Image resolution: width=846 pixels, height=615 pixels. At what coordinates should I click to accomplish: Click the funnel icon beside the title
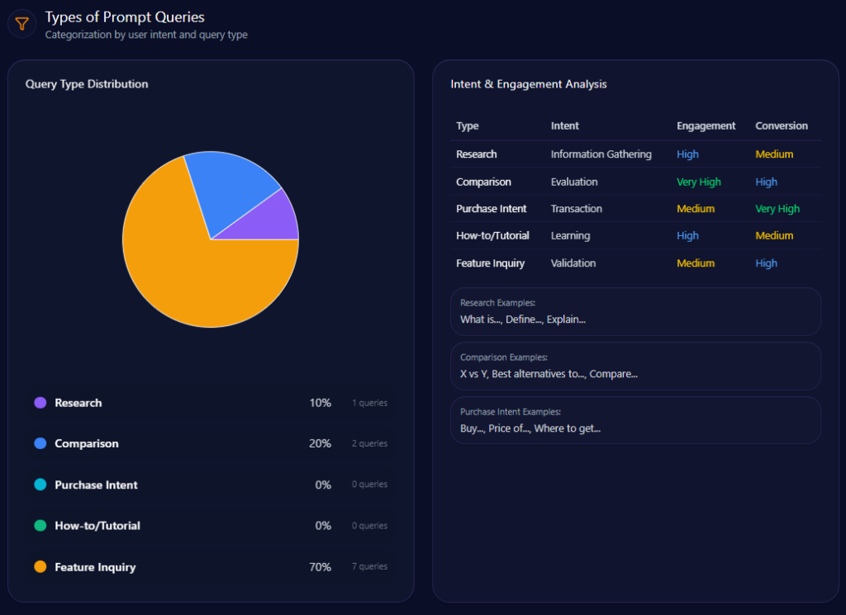22,24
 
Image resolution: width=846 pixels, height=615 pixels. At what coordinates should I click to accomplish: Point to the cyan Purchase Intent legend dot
40,485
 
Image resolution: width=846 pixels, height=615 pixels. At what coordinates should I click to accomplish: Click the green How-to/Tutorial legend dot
40,526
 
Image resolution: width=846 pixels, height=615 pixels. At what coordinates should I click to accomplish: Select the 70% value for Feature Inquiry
320,567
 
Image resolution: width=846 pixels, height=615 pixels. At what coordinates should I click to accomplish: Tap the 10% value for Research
320,403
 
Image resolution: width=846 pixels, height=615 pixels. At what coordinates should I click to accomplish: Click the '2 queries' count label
369,444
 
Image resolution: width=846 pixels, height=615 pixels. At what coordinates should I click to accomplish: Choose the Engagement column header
706,126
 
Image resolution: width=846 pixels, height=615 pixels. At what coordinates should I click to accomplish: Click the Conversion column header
782,126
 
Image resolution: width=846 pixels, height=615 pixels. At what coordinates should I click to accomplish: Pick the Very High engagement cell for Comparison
698,182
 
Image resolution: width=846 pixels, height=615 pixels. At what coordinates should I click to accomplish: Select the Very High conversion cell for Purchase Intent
777,209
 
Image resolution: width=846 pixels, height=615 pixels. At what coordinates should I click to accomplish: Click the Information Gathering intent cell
601,154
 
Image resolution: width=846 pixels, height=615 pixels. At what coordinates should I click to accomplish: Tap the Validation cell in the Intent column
573,263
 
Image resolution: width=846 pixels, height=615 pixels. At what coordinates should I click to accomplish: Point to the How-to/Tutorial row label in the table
492,236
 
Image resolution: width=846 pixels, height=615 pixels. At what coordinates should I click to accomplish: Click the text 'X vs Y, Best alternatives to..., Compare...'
549,374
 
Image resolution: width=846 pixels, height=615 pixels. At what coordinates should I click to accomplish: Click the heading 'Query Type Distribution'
87,84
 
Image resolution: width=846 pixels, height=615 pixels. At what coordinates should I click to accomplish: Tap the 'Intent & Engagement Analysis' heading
529,84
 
